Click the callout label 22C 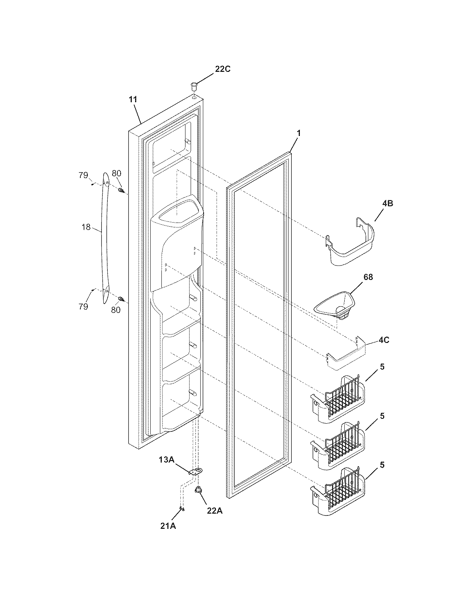pyautogui.click(x=222, y=69)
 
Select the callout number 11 pyautogui.click(x=133, y=99)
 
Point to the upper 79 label pyautogui.click(x=83, y=175)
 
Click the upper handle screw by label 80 pyautogui.click(x=121, y=191)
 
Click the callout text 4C pyautogui.click(x=384, y=340)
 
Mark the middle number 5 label pyautogui.click(x=382, y=416)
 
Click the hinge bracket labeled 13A pyautogui.click(x=196, y=471)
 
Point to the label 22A pyautogui.click(x=214, y=511)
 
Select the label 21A pyautogui.click(x=168, y=525)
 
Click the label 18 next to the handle pyautogui.click(x=86, y=227)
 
